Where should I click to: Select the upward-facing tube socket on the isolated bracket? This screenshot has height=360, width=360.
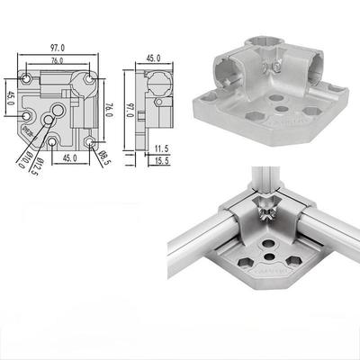click(x=270, y=48)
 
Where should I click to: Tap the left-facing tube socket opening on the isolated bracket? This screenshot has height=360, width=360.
click(x=222, y=67)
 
